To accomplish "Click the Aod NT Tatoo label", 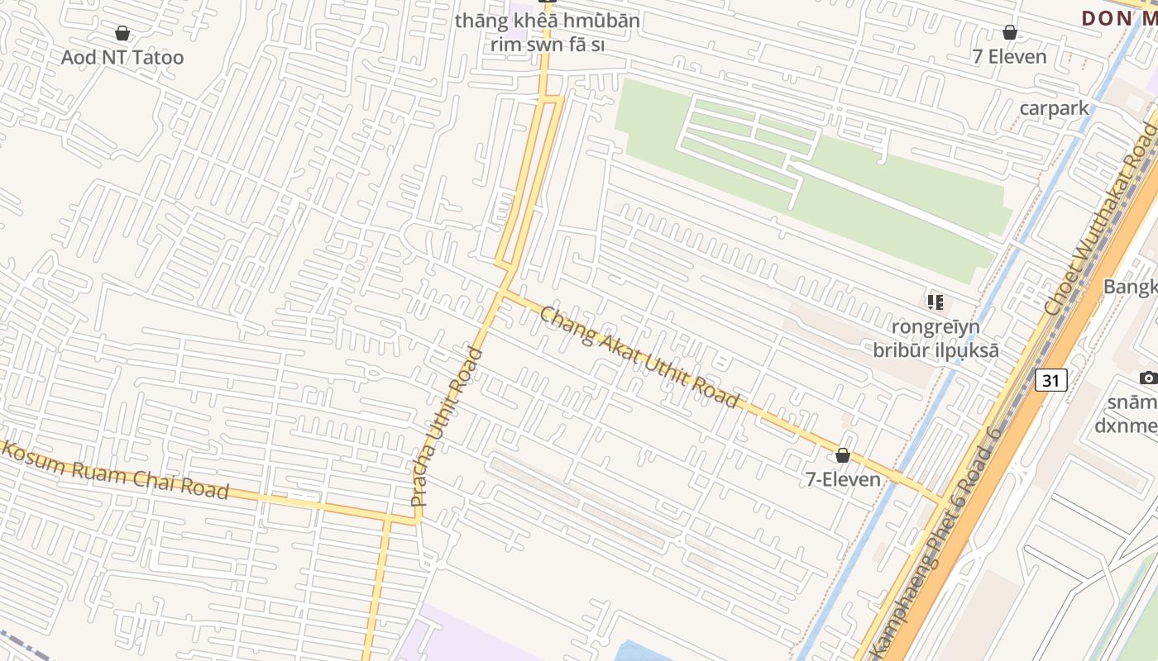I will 122,57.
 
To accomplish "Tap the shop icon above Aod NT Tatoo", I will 122,33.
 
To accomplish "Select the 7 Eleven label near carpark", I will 1010,56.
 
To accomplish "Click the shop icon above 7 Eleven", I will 1009,32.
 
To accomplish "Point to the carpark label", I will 1054,107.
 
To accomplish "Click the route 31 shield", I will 1050,380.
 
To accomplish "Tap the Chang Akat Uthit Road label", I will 639,357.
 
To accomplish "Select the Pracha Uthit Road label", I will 446,427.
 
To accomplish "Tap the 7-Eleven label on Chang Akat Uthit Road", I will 843,478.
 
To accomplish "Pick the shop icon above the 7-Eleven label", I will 843,455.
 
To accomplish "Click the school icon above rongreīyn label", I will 935,302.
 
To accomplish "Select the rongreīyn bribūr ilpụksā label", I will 935,339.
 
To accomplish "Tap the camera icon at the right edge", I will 1148,378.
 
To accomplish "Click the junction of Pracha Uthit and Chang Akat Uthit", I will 502,292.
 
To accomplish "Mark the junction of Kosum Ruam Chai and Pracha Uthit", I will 417,520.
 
